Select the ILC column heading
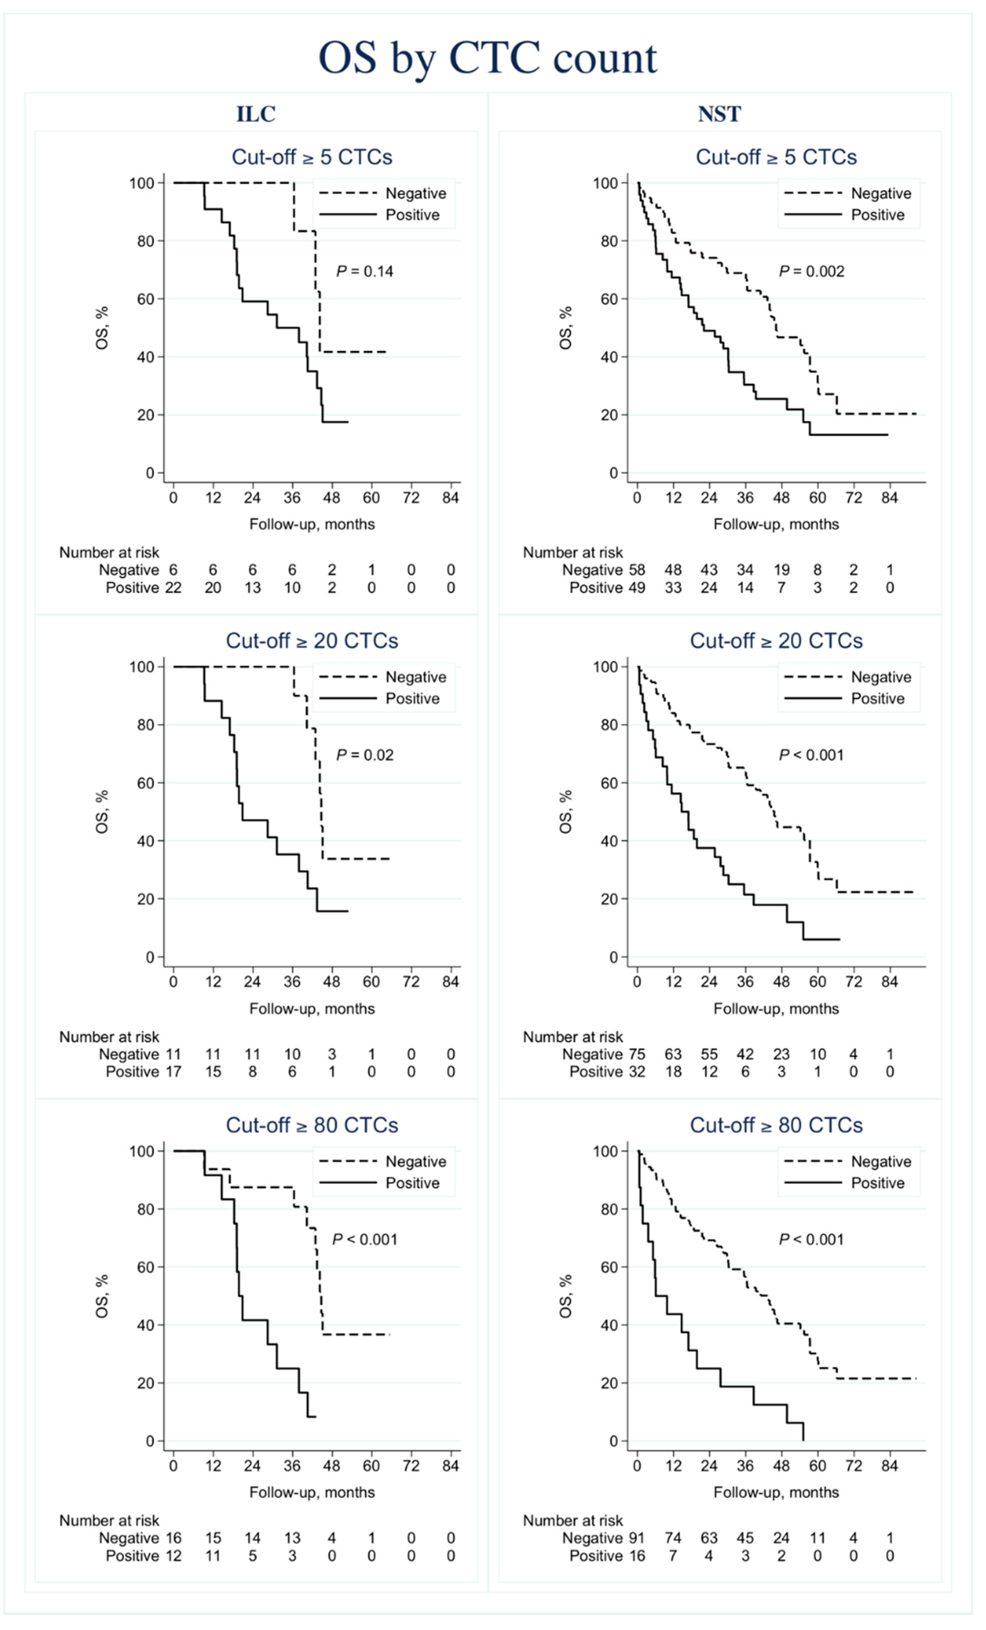[x=256, y=114]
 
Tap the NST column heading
[x=719, y=114]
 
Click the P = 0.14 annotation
[x=364, y=271]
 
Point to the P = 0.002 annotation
[x=812, y=271]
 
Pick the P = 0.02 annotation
[x=364, y=755]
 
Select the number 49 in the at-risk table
[x=637, y=587]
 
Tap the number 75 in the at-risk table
[x=637, y=1054]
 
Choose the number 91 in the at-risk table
[x=637, y=1538]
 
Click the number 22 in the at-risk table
[x=173, y=587]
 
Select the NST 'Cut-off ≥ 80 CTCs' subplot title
[x=776, y=1125]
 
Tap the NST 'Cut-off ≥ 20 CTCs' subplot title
[x=776, y=641]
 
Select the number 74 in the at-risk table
[x=673, y=1538]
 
